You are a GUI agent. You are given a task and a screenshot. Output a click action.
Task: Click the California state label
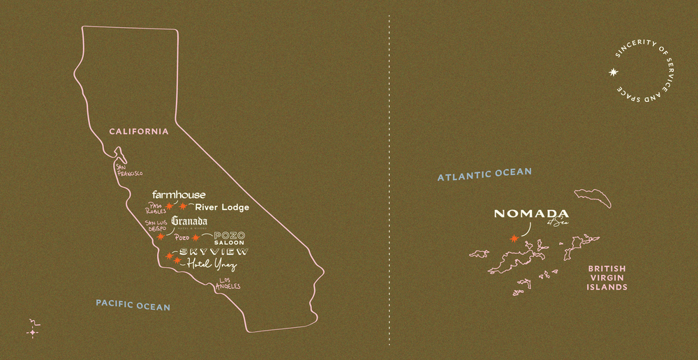point(138,131)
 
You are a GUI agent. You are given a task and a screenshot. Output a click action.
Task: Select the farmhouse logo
point(179,195)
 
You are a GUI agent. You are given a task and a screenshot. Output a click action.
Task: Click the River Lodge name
point(222,207)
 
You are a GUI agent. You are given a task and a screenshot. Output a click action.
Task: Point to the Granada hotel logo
point(189,222)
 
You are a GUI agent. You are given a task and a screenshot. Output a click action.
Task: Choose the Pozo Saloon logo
point(229,238)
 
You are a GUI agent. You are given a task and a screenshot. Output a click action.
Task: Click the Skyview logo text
point(214,251)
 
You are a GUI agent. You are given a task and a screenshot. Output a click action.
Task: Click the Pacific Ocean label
point(133,305)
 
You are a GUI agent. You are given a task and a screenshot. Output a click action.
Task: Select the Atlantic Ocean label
point(484,174)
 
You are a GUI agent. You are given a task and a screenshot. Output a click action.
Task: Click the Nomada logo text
point(532,214)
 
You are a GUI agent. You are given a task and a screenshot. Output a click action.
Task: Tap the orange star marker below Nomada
point(515,239)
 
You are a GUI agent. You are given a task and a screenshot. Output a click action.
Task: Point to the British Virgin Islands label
point(607,278)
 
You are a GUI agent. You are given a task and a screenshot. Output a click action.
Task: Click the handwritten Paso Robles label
point(156,208)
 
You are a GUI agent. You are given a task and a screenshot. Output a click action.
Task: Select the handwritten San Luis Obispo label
point(156,226)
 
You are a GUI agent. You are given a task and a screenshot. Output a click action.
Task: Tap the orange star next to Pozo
point(195,238)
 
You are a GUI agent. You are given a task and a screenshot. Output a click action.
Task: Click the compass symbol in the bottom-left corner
point(33,330)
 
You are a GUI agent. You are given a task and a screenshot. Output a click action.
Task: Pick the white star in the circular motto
point(614,71)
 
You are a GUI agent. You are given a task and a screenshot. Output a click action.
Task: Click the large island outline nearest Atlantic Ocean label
point(593,198)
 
